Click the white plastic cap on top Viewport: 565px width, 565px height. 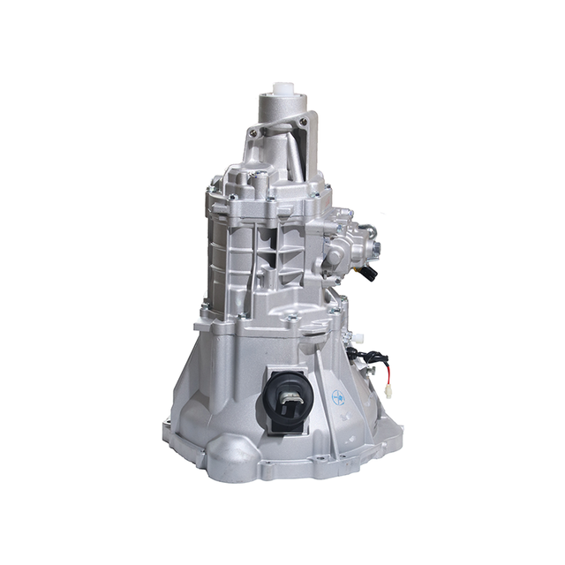pyautogui.click(x=282, y=89)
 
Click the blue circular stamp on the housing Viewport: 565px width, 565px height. pyautogui.click(x=338, y=397)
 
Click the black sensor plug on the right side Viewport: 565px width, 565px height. pyautogui.click(x=370, y=273)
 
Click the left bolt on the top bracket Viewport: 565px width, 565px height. pyautogui.click(x=254, y=132)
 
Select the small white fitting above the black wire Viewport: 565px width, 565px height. pyautogui.click(x=358, y=336)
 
